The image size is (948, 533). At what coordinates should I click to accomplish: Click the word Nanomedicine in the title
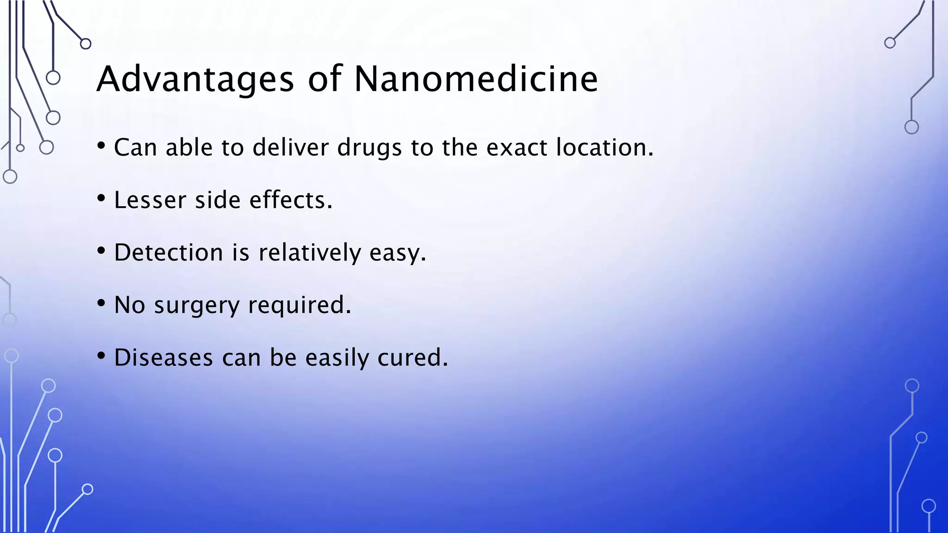[476, 79]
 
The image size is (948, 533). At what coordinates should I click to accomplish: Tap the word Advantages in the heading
[195, 80]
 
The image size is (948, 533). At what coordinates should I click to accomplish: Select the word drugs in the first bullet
[369, 148]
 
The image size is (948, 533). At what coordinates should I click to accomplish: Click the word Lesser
[150, 200]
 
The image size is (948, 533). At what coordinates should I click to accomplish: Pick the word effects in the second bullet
[291, 200]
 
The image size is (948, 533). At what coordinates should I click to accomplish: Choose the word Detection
[168, 253]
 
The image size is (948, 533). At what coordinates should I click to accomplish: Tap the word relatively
[309, 253]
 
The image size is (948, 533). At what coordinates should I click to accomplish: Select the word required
[299, 305]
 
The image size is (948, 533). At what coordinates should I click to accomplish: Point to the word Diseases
[163, 358]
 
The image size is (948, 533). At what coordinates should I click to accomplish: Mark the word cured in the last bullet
[412, 358]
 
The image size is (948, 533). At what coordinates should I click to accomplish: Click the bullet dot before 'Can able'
[101, 146]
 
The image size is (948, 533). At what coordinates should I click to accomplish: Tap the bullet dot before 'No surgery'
[101, 304]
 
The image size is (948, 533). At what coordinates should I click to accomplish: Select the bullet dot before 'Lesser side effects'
[101, 198]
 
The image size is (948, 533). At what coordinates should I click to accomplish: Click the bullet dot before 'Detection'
[101, 251]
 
